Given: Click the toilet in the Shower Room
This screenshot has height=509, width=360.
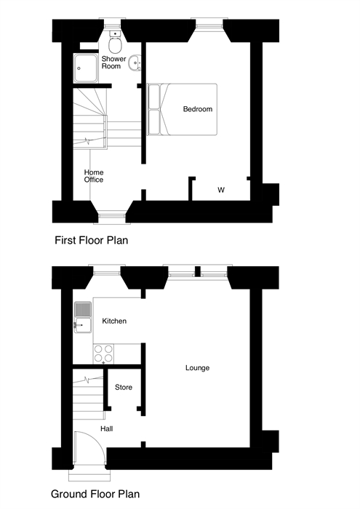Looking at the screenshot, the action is [x=115, y=42].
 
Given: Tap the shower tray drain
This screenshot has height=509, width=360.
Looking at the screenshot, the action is [x=79, y=68].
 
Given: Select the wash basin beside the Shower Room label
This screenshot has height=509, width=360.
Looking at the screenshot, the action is [x=135, y=63].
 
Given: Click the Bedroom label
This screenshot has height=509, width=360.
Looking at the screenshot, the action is [x=198, y=109].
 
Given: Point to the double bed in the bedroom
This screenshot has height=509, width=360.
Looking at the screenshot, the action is [x=183, y=109].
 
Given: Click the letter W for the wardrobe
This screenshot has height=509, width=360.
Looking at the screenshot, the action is [x=221, y=190].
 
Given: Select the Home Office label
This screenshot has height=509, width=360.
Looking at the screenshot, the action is [x=94, y=176].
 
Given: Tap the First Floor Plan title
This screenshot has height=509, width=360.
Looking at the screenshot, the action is [x=91, y=240].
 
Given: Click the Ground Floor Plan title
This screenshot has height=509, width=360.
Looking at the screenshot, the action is [x=95, y=494].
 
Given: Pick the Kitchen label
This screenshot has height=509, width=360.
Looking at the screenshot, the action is [x=114, y=321].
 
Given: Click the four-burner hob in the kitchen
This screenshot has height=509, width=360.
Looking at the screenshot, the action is [x=103, y=354].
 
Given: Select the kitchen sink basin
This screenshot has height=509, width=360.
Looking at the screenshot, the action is [x=83, y=325].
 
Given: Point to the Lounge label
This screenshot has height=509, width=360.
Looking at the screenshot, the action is [x=197, y=368].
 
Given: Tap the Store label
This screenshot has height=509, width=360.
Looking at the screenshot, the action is [x=124, y=388].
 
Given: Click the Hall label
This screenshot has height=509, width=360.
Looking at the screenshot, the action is [x=107, y=429].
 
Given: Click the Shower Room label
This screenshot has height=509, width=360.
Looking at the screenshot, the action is [x=113, y=63].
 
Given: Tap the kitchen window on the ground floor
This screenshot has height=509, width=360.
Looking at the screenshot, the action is [x=107, y=270].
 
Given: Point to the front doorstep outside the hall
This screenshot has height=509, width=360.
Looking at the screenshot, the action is [x=89, y=475].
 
